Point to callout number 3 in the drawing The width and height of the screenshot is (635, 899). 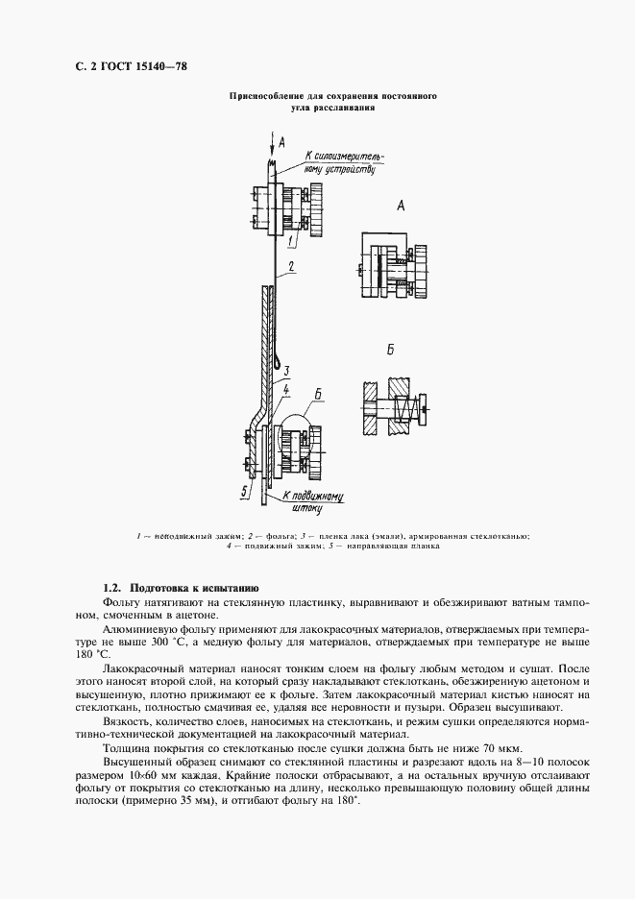pos(287,370)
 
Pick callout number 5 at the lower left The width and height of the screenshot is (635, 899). pos(245,491)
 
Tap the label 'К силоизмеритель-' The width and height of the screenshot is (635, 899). pos(343,154)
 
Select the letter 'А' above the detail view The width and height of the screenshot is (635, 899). pos(401,206)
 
